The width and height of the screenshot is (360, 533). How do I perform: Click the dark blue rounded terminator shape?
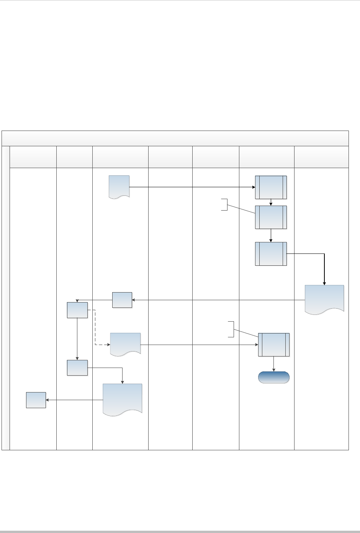click(x=273, y=378)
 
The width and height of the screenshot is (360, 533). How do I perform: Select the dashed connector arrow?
click(x=95, y=329)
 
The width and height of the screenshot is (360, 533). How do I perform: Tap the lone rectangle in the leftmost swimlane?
click(x=36, y=400)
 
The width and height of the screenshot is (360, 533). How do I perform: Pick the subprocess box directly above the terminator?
click(x=273, y=345)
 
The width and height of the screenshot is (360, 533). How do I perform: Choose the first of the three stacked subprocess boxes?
click(x=271, y=187)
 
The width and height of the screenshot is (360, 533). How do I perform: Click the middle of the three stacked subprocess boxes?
click(x=271, y=217)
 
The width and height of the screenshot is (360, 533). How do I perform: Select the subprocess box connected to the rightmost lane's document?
click(x=271, y=253)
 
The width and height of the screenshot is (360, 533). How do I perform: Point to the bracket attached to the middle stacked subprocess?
click(x=225, y=205)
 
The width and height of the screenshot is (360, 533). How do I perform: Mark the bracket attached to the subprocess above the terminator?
click(x=231, y=329)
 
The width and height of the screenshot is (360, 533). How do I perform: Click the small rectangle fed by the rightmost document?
click(x=122, y=300)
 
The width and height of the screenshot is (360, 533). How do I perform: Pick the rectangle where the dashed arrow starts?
click(x=77, y=310)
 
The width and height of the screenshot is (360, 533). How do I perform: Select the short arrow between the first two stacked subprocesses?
click(x=271, y=202)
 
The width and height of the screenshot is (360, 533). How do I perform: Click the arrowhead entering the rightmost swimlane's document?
click(x=324, y=283)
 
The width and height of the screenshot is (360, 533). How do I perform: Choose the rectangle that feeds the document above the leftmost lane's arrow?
click(x=77, y=368)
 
